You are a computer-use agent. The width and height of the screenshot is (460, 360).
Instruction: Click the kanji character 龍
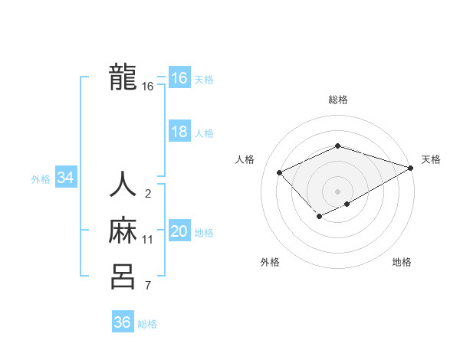pos(123,77)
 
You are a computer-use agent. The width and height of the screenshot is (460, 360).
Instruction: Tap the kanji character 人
pos(123,186)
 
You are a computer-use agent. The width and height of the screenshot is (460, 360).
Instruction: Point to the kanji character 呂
pos(123,277)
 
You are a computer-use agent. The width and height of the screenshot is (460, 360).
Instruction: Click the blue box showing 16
pos(179,78)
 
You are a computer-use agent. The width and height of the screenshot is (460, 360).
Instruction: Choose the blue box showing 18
pos(179,132)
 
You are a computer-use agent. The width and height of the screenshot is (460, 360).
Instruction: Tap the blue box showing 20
pos(179,231)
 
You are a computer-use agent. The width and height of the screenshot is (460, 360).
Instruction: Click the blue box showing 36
pos(122,322)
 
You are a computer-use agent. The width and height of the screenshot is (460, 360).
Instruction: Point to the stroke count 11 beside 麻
pos(148,240)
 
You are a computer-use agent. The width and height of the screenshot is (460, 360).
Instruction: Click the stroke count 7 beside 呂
pos(148,286)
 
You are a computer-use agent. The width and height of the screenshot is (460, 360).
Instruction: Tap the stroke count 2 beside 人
pos(148,194)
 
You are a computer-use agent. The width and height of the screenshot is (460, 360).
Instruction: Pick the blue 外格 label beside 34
pos(41,179)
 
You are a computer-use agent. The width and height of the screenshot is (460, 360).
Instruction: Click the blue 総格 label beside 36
pos(147,324)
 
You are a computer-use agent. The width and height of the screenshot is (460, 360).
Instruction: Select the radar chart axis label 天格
pos(431,159)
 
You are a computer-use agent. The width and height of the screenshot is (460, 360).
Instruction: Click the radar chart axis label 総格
pos(338,100)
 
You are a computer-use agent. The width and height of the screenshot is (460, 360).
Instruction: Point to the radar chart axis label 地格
pos(402,262)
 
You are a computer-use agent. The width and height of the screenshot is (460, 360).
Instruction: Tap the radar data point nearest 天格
pos(412,168)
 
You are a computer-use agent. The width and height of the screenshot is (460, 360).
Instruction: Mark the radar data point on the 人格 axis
pos(280,172)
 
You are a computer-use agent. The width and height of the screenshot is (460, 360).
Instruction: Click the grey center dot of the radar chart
pos(337,191)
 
